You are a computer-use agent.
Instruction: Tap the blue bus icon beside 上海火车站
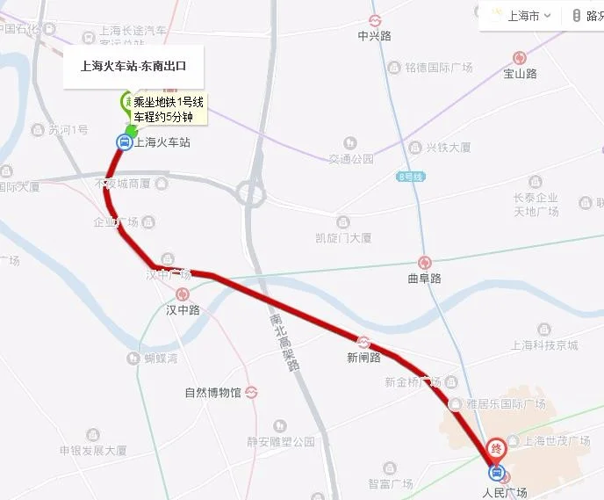tap(124, 141)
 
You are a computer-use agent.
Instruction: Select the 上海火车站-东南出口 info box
tap(133, 66)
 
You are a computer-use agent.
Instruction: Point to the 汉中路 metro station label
tap(183, 309)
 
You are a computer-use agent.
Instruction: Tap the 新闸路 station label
tap(363, 357)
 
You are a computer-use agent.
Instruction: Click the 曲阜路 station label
tap(425, 279)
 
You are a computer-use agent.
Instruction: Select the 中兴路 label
tap(374, 36)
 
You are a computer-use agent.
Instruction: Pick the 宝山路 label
tap(520, 74)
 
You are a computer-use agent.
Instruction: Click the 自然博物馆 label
tap(212, 392)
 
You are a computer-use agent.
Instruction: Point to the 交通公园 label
tap(351, 159)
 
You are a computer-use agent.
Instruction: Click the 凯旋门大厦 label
tap(343, 237)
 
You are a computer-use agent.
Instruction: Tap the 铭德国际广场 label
tap(439, 68)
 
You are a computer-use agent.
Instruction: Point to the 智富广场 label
tap(391, 483)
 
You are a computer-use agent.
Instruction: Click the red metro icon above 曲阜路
tap(425, 262)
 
